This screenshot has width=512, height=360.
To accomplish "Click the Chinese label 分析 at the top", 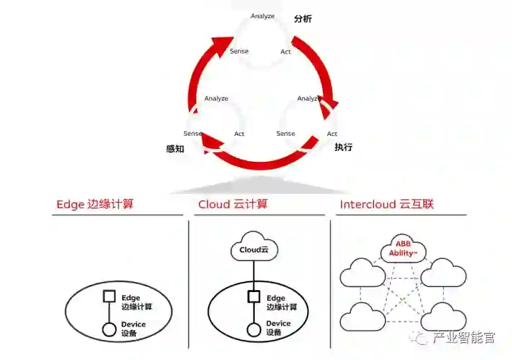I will tap(303, 19).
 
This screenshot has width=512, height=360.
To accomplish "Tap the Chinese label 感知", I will tap(175, 149).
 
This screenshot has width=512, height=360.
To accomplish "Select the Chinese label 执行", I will tap(343, 147).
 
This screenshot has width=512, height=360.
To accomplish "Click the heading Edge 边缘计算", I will tap(95, 204).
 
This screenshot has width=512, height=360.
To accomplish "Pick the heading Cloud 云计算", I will tap(233, 204).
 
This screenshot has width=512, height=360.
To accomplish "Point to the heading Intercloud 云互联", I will tap(387, 204).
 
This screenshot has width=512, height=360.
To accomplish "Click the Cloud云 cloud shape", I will tap(253, 249).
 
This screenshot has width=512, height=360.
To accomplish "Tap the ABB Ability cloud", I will tap(403, 249).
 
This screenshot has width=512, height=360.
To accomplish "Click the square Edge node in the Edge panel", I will tap(109, 296).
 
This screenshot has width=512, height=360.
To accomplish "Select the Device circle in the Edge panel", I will tap(109, 329).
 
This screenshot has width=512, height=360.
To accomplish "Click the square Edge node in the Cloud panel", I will tap(253, 296).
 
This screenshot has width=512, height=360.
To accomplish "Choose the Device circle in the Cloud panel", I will tap(253, 329).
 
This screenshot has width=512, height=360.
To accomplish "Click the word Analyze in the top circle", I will tap(262, 16).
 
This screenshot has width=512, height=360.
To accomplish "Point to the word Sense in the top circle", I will tap(239, 51).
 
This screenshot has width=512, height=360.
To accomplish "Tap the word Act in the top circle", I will tap(286, 52).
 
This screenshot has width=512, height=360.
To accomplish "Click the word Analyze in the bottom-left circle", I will tap(216, 98).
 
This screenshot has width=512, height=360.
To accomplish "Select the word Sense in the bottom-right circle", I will tap(286, 133).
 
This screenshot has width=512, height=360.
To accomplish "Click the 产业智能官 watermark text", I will tap(464, 338).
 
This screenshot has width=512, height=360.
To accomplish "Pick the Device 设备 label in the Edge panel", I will tap(133, 328).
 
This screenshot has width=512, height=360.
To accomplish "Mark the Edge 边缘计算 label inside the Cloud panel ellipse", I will tap(281, 302).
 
